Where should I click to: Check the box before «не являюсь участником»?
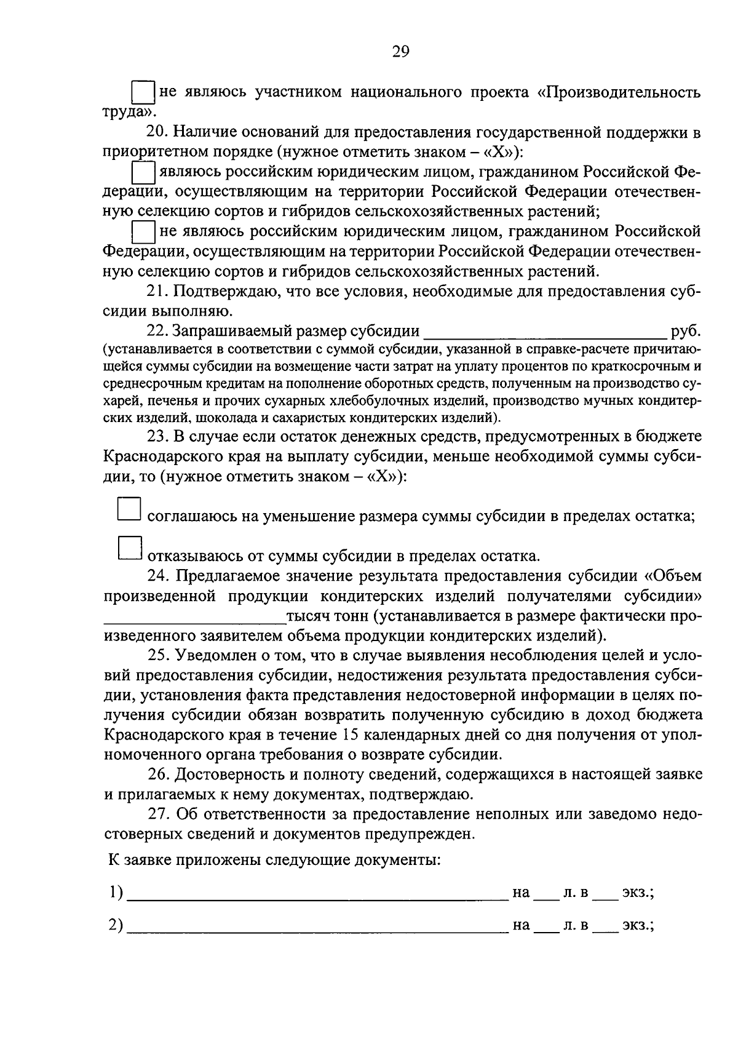pyautogui.click(x=143, y=92)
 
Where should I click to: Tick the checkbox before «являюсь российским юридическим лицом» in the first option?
pyautogui.click(x=143, y=172)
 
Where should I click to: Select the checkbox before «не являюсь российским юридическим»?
pyautogui.click(x=143, y=231)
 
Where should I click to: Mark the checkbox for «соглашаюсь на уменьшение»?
pyautogui.click(x=129, y=509)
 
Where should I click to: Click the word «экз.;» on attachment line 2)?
pyautogui.click(x=638, y=925)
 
